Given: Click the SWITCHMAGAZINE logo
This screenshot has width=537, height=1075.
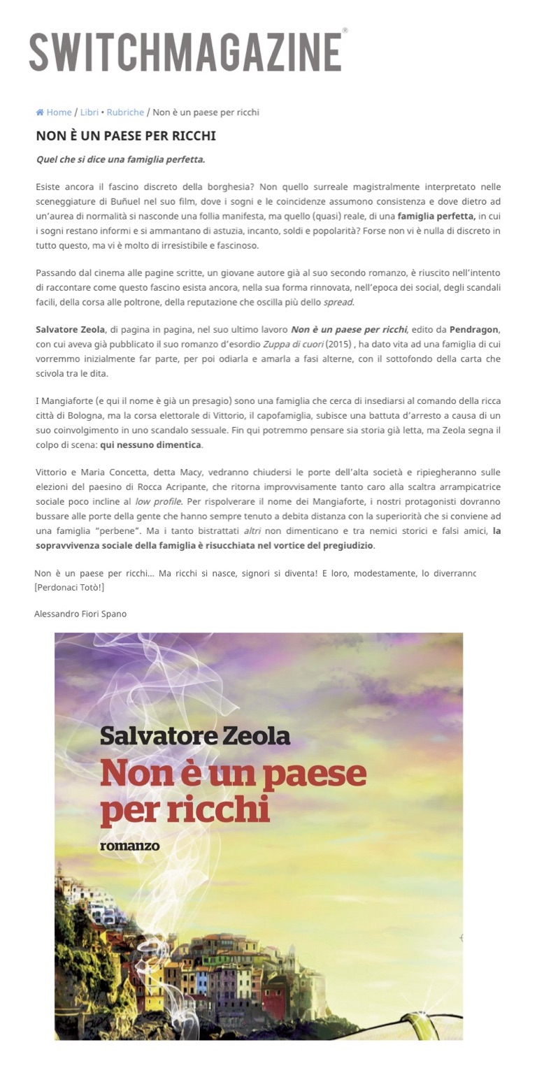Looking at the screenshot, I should click(186, 51).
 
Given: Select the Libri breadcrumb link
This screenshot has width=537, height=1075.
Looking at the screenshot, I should click(89, 113).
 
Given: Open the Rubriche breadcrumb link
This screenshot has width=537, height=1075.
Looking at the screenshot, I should click(125, 113).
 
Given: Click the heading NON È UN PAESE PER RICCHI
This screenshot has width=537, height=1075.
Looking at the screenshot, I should click(126, 136).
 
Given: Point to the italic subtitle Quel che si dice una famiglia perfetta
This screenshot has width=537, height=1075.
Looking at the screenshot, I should click(120, 159).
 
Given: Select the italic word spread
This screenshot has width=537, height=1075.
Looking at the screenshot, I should click(338, 302).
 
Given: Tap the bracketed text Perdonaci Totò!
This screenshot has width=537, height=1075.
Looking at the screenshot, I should click(69, 587).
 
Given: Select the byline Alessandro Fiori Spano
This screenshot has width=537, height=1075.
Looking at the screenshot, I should click(80, 614).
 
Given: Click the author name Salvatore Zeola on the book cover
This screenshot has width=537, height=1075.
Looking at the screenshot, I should click(194, 736).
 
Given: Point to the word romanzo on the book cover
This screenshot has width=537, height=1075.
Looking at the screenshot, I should click(129, 846).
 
